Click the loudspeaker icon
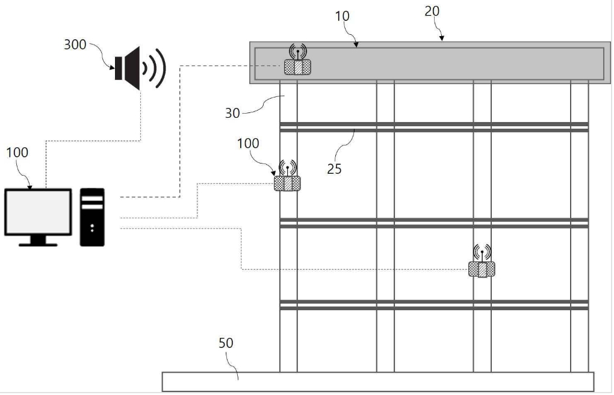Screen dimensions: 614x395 pos(140,68)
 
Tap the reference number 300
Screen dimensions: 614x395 pos(75,44)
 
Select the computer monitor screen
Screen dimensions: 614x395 pos(38,212)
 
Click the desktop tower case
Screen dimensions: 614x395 pos(93,217)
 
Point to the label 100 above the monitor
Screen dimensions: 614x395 pos(17,152)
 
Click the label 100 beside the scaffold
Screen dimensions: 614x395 pos(248,144)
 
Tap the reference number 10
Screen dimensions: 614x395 pos(342,16)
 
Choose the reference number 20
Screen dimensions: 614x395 pos(432,11)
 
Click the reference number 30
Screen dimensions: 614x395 pos(232,114)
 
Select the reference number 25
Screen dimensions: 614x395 pos(334,169)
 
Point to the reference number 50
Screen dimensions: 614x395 pos(226,343)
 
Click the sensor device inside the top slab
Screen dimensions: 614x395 pos(297,67)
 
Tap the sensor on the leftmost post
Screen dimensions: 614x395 pos(287,183)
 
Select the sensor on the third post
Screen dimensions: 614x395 pos(482,269)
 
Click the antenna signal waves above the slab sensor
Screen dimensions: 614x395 pos(298,52)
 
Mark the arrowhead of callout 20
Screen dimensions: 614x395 pos(442,38)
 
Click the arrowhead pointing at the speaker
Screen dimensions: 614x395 pos(113,68)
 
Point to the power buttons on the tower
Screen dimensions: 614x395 pos(92,228)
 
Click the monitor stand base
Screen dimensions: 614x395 pos(38,245)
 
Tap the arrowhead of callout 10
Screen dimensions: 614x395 pos(356,45)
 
